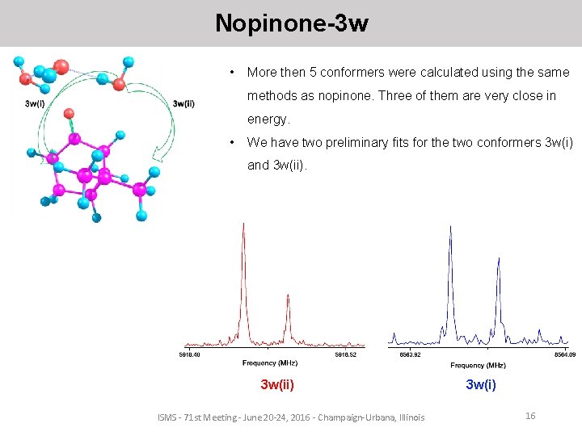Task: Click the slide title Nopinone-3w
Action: [x=291, y=23]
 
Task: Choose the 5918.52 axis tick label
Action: [x=350, y=354]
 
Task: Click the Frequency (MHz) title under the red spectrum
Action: [x=270, y=363]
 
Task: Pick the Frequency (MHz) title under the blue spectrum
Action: [x=479, y=365]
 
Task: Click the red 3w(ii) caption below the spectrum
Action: [x=277, y=385]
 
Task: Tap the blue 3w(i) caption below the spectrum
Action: [x=481, y=385]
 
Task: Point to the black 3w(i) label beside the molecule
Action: [x=35, y=103]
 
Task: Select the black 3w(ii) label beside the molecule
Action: [x=183, y=103]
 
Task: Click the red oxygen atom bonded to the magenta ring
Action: [x=70, y=113]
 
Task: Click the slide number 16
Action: [x=530, y=415]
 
